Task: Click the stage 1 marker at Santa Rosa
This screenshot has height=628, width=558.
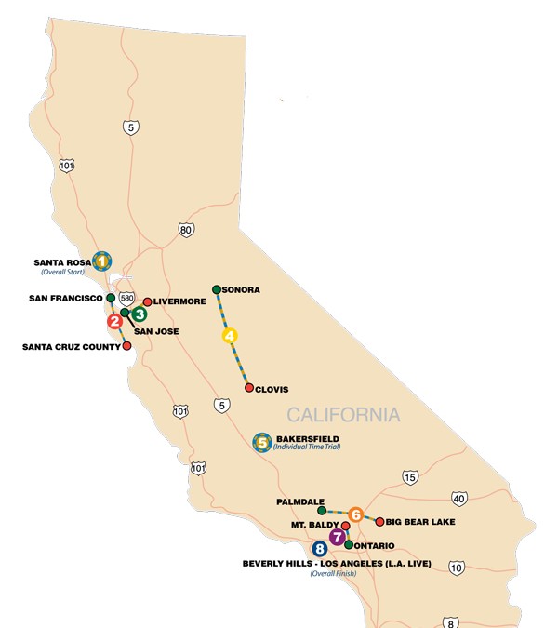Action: pos(101,261)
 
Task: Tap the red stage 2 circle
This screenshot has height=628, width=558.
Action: pos(114,322)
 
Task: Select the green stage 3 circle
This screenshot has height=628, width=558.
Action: pos(139,314)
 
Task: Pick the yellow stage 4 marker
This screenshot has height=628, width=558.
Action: pos(230,336)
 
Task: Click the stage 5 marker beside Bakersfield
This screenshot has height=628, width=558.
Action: pos(262,443)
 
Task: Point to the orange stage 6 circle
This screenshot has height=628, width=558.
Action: pos(355,514)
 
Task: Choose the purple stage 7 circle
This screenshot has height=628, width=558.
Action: pos(337,537)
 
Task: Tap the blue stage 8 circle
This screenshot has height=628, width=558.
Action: pos(321,549)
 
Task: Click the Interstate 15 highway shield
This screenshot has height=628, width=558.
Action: pos(410,477)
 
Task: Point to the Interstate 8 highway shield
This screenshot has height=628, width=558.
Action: pos(451,622)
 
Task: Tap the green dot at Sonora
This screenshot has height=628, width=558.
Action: pos(216,289)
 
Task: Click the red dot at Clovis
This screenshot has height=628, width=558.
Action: pos(248,388)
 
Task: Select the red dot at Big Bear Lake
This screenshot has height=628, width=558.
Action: pos(379,521)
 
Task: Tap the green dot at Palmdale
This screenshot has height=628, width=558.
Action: pos(322,511)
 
